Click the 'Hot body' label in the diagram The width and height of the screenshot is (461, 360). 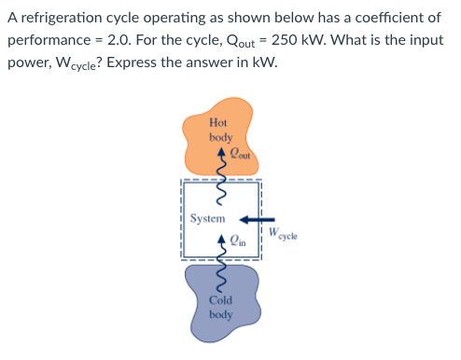point(219,130)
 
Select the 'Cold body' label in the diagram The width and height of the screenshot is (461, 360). point(220,307)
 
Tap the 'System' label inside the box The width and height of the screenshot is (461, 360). point(207,218)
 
